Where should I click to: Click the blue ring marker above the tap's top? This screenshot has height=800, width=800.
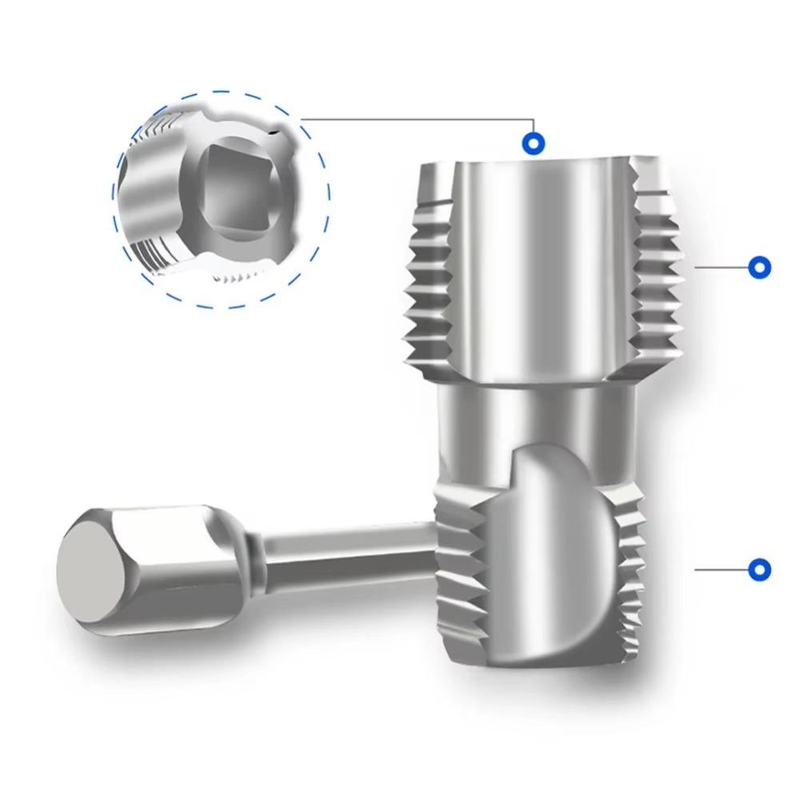(534, 144)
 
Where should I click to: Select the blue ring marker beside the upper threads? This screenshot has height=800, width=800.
(758, 267)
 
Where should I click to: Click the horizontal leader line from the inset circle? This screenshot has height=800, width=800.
(416, 119)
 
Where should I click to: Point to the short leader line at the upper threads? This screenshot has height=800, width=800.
(720, 267)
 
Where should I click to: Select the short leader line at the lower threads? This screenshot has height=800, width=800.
(720, 570)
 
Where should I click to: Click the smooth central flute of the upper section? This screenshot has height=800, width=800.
(536, 264)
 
